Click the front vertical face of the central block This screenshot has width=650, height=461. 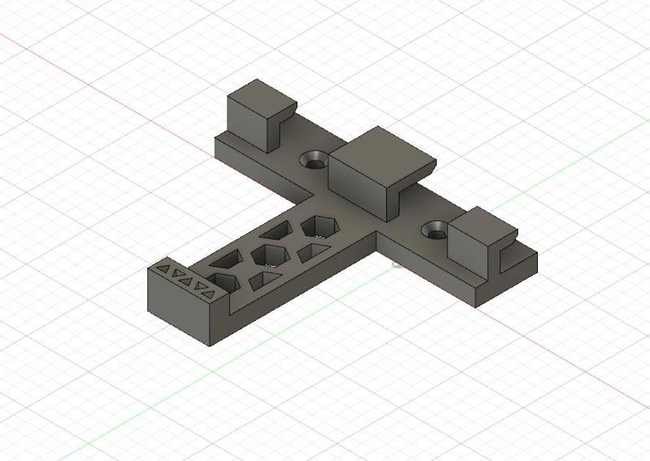coord(357,186)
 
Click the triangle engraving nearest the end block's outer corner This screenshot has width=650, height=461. coord(162,266)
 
